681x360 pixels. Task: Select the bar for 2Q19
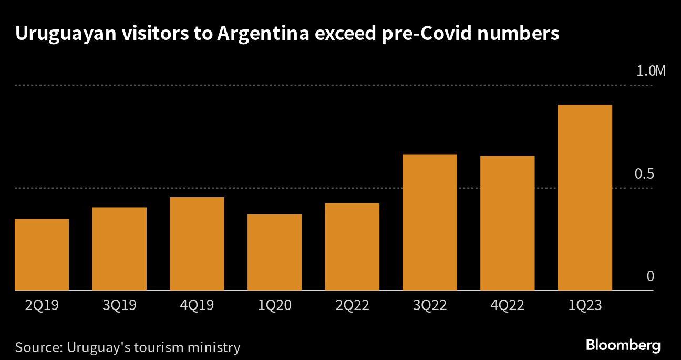click(x=42, y=254)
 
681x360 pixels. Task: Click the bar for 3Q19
click(x=119, y=249)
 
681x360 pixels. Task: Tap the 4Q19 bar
click(x=197, y=243)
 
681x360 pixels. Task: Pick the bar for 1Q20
click(x=274, y=252)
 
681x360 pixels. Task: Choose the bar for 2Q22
click(x=352, y=246)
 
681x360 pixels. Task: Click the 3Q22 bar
click(x=430, y=222)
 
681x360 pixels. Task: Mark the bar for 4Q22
click(x=508, y=223)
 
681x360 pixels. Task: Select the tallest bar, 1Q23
click(x=585, y=197)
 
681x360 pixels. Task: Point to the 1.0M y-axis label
click(x=651, y=71)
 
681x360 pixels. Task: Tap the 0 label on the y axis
click(x=650, y=276)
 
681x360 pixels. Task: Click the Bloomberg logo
click(x=623, y=345)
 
